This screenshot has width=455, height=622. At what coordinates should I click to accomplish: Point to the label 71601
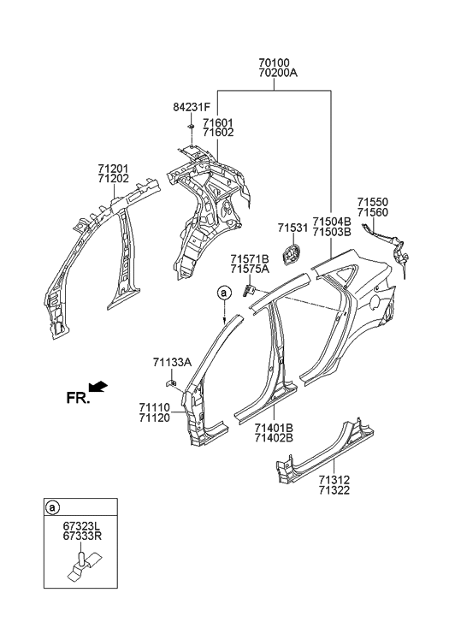click(217, 122)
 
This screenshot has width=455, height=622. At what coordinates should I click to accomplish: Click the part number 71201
click(114, 169)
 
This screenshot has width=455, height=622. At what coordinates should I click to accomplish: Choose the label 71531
click(292, 228)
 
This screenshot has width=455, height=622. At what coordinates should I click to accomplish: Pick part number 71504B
click(331, 221)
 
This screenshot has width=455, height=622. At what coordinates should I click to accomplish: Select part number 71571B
click(249, 258)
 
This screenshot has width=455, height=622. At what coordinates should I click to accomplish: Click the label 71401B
click(274, 427)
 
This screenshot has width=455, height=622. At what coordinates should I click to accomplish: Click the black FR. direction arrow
click(99, 387)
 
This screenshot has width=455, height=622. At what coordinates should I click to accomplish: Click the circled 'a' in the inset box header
click(53, 508)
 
